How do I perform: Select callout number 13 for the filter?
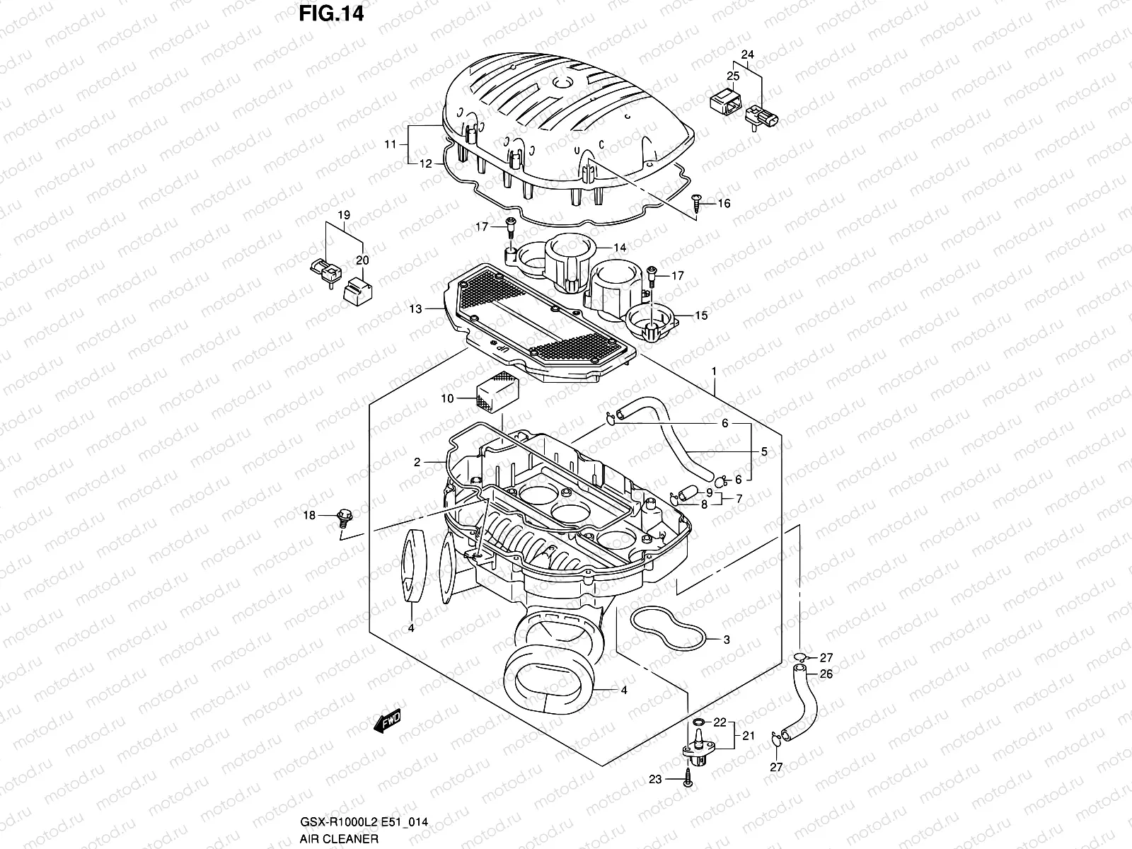[x=415, y=308]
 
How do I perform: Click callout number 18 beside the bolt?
[x=310, y=516]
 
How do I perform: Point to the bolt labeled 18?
[x=345, y=518]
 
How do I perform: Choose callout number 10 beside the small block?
[x=447, y=398]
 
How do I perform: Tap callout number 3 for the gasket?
[x=726, y=640]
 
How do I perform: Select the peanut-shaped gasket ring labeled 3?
[x=666, y=627]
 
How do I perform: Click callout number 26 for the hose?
[x=826, y=674]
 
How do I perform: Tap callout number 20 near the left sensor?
[x=362, y=260]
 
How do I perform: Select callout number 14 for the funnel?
[x=619, y=248]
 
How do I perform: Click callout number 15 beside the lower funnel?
[x=700, y=316]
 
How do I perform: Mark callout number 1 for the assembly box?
[x=715, y=371]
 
